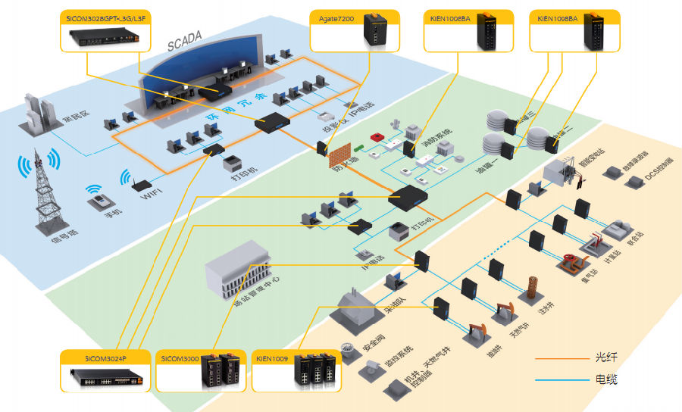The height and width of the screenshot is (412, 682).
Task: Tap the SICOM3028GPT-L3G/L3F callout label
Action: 105,17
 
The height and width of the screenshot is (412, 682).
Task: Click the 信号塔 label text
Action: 34,236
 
